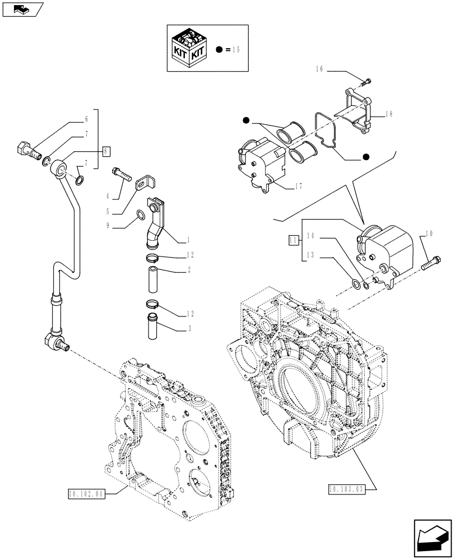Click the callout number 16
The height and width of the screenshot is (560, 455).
point(319,69)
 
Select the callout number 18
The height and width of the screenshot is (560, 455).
point(388,114)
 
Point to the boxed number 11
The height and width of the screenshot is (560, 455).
point(292,240)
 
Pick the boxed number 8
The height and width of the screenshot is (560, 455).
point(106,150)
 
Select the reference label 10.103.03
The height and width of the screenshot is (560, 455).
point(347,489)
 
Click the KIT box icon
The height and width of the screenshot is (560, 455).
point(188,49)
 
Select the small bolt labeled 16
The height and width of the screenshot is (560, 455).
point(366,82)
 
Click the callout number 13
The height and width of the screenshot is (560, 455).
point(309,256)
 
